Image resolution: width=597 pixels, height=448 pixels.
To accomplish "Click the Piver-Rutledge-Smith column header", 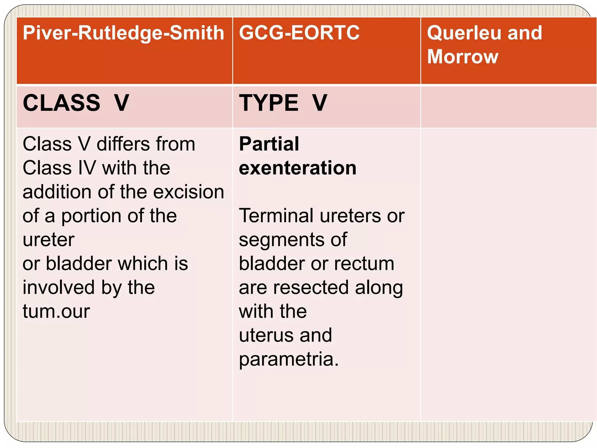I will pos(123,33).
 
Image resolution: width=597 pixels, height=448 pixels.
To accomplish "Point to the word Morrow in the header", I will pos(463,57).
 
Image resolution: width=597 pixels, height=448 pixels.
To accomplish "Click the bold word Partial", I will pos(269,144).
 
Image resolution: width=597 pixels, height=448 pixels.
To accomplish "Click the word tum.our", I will pos(56,311).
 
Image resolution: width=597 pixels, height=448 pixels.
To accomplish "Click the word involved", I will pos(59,288).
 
